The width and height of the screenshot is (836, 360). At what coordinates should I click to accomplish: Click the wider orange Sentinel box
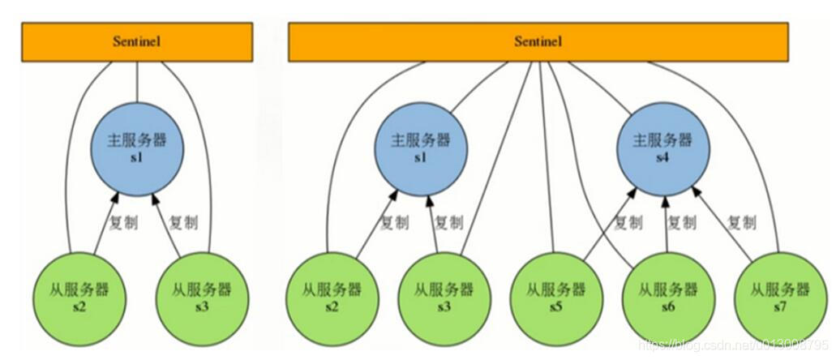click(x=538, y=41)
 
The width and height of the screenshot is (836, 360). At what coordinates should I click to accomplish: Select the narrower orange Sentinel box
click(x=137, y=41)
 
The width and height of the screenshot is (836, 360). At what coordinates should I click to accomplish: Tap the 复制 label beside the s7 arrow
click(x=742, y=221)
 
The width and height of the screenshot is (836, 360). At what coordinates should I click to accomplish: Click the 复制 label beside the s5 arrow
click(x=628, y=222)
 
